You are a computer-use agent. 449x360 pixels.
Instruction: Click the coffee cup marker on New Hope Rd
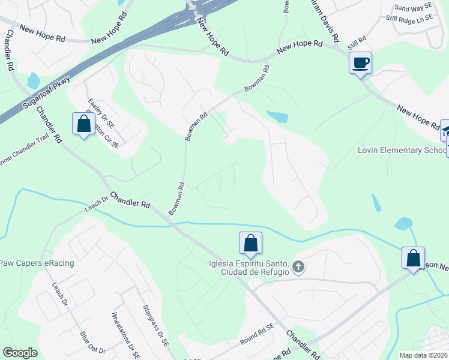[360, 63]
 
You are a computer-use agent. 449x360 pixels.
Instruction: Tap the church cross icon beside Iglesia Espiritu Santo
[298, 266]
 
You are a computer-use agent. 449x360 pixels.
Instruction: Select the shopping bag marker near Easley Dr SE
[83, 124]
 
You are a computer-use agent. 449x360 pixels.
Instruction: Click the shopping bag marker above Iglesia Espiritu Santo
[250, 243]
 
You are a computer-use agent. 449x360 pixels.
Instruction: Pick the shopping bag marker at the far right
[413, 258]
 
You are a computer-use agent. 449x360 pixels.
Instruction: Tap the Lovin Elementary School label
[403, 150]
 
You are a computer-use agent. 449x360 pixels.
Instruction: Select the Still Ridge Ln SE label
[414, 19]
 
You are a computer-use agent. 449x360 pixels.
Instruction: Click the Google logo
[20, 353]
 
